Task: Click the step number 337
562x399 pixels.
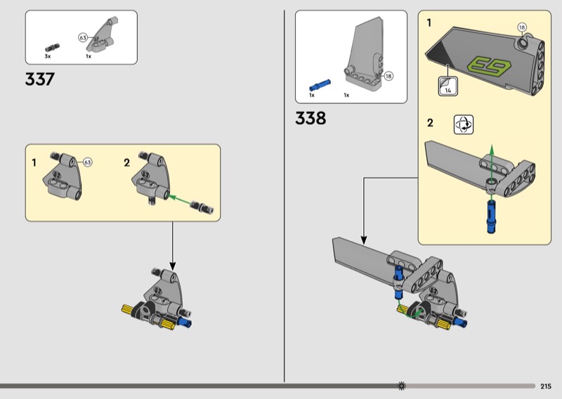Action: click(x=40, y=79)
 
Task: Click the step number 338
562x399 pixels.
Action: click(x=311, y=118)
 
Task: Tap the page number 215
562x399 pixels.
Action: click(x=546, y=386)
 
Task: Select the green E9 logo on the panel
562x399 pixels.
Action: click(x=489, y=65)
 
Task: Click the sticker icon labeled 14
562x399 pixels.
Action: click(x=448, y=86)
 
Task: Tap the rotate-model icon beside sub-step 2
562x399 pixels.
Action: click(x=464, y=124)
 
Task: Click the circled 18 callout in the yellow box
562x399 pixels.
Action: click(x=522, y=27)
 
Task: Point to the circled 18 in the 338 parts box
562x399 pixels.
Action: click(x=388, y=76)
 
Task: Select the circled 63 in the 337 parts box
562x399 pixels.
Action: click(x=83, y=37)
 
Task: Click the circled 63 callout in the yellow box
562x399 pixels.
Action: click(x=87, y=162)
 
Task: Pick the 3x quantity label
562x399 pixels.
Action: click(x=48, y=56)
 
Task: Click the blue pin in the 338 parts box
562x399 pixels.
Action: click(x=320, y=85)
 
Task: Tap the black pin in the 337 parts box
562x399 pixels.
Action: click(x=52, y=48)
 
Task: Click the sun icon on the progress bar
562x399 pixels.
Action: click(x=402, y=386)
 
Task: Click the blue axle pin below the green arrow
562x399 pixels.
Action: click(x=491, y=216)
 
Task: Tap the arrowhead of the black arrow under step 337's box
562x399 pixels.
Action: click(x=172, y=266)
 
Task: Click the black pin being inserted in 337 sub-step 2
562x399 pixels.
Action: click(x=202, y=207)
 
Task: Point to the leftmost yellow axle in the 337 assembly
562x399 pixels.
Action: click(x=128, y=309)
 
